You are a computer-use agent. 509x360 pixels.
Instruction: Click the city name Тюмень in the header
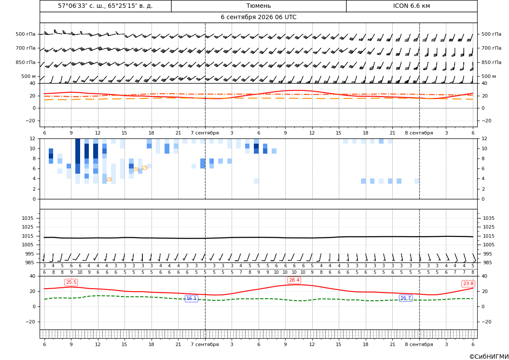(x=258, y=6)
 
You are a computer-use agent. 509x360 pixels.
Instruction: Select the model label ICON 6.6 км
(x=411, y=6)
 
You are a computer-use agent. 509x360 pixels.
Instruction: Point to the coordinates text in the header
(x=105, y=6)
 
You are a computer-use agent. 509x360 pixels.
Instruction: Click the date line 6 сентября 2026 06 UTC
(x=258, y=17)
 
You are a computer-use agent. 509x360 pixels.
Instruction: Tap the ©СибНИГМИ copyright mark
(x=489, y=357)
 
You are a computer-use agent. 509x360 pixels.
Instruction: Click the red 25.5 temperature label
(x=71, y=282)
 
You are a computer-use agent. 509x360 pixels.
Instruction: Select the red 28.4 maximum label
(x=294, y=280)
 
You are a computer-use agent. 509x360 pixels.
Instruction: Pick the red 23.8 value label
(x=468, y=284)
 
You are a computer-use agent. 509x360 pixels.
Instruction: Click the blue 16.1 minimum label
(x=191, y=298)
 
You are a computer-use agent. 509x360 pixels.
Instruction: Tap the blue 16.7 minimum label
(x=405, y=298)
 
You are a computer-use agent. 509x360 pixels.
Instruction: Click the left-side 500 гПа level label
(x=26, y=34)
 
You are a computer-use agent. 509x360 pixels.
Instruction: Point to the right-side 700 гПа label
(x=491, y=48)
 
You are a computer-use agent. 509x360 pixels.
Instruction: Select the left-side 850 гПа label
(x=26, y=62)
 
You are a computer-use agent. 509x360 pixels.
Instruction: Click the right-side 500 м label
(x=489, y=76)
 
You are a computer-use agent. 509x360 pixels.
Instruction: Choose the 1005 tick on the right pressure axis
(x=489, y=245)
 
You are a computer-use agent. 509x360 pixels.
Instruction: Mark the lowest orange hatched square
(x=109, y=179)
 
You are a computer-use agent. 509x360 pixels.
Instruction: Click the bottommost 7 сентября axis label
(x=205, y=344)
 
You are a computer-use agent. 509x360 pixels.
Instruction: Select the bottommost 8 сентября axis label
(x=419, y=344)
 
